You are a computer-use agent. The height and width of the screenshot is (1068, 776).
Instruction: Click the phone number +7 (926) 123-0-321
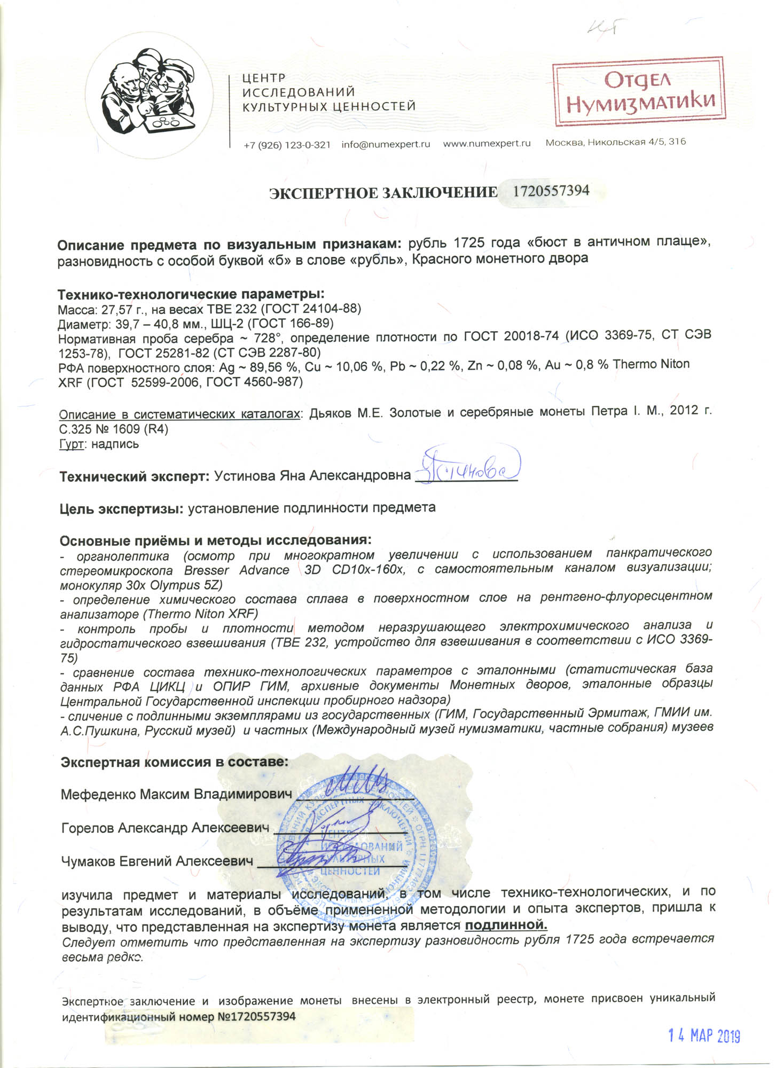pos(287,145)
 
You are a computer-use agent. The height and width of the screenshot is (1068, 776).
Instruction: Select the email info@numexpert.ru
pos(386,144)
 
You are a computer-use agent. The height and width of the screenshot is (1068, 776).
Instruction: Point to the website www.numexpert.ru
pos(487,143)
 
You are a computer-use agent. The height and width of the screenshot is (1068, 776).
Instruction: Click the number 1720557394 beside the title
pos(551,191)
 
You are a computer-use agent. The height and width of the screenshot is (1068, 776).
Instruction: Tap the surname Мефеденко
pos(98,794)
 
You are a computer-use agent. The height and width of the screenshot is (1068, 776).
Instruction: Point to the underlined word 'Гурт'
pos(70,444)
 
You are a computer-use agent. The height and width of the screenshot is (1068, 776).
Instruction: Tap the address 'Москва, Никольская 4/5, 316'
pos(615,142)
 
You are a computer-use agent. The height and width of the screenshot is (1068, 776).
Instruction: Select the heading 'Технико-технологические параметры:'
pos(191,294)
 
